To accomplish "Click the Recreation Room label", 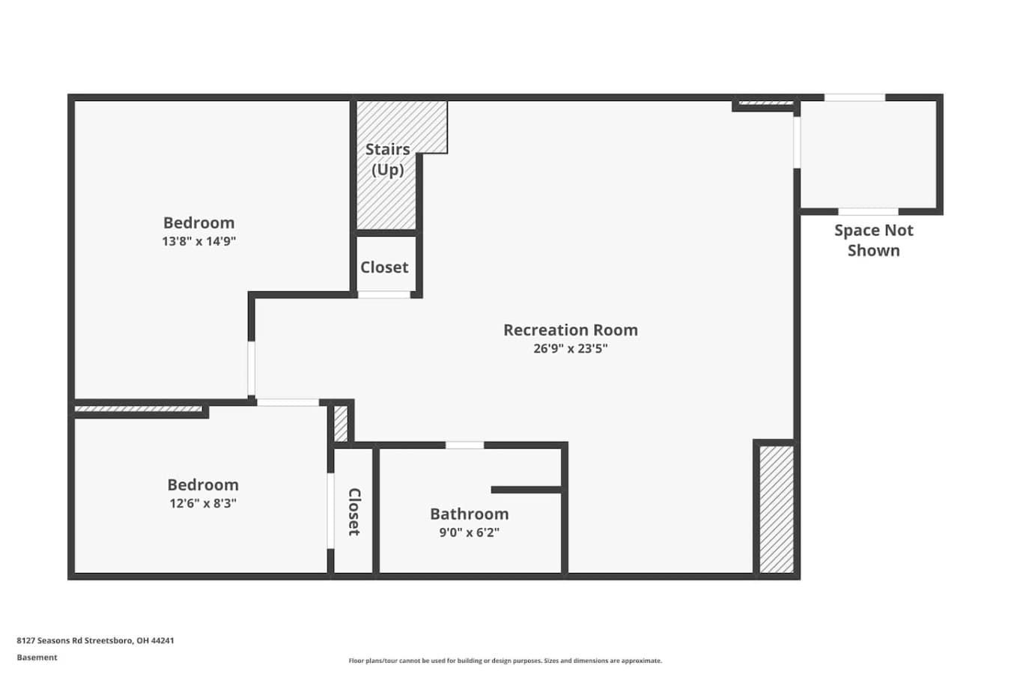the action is click(571, 330).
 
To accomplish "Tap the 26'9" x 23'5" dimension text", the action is click(571, 348).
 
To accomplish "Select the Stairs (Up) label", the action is click(388, 160).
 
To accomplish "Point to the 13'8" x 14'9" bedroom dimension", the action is click(199, 241).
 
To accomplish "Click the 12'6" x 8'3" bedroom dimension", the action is click(203, 503).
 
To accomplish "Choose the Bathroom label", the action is click(470, 514).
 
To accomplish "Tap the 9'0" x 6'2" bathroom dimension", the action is click(470, 532).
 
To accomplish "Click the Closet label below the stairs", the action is click(384, 267).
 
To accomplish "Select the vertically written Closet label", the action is click(354, 512).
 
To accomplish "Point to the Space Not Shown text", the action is click(874, 240).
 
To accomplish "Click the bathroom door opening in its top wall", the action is click(465, 445).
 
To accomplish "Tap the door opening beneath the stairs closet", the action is click(384, 295).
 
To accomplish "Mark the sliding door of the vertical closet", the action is click(330, 511).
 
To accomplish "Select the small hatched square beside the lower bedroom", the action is click(341, 424).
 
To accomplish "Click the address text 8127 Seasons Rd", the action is click(95, 640).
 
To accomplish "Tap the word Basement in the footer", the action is click(37, 658).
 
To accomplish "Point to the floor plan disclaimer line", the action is click(505, 661).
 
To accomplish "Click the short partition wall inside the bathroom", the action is click(526, 490).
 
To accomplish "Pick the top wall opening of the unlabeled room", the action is click(854, 97).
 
